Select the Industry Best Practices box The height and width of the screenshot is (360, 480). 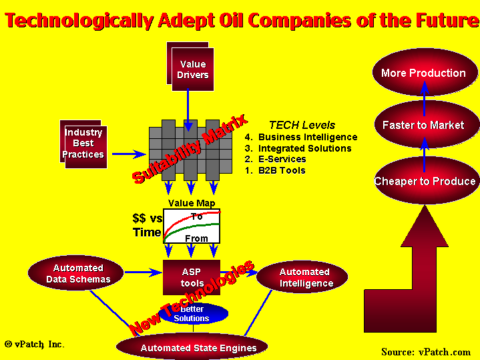pos(83,144)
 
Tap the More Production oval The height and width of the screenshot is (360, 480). pos(425,72)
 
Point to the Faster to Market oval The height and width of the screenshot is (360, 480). pos(425,125)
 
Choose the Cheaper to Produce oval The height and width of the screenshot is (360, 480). pos(425,180)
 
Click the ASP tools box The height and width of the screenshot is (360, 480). pos(192,278)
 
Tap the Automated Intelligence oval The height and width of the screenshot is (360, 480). pos(302,277)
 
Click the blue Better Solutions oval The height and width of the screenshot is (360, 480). pos(193,313)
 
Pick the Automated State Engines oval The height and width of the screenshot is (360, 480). pos(192,347)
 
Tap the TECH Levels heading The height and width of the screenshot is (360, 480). pos(302,125)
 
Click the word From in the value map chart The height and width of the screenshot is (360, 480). pos(196,238)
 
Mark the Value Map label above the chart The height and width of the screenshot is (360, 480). pos(192,203)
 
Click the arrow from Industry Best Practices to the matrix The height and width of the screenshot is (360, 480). pos(129,154)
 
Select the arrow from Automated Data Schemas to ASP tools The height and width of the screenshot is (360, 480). pos(144,272)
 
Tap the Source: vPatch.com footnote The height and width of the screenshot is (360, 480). pos(426,352)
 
